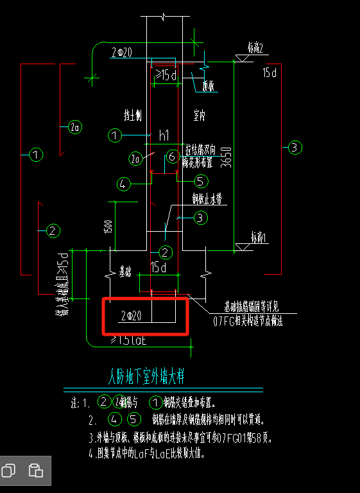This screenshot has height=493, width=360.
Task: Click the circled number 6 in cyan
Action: coord(171,156)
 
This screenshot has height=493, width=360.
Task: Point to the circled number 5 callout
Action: coord(200,180)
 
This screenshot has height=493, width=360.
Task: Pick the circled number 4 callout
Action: coord(124,184)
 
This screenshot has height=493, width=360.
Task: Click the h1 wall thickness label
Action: coord(164,135)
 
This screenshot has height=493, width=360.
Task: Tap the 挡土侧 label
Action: coord(132,115)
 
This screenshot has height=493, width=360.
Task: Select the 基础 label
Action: coord(129,272)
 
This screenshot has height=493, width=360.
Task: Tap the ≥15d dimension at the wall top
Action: coord(166,76)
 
